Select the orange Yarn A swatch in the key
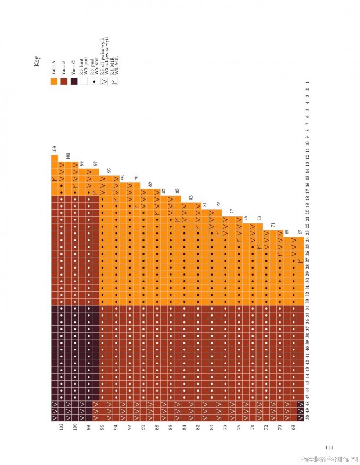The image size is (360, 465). click(x=54, y=82)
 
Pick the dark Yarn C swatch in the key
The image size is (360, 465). click(x=74, y=82)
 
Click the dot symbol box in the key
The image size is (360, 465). click(x=94, y=82)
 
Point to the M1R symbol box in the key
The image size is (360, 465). click(x=114, y=82)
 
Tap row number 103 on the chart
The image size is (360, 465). click(x=54, y=150)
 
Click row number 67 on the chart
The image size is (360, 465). click(x=300, y=233)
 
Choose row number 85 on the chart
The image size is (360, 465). click(x=177, y=191)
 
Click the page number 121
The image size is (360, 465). click(x=329, y=448)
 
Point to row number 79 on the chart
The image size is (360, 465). click(x=218, y=205)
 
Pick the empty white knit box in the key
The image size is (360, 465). click(x=84, y=82)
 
